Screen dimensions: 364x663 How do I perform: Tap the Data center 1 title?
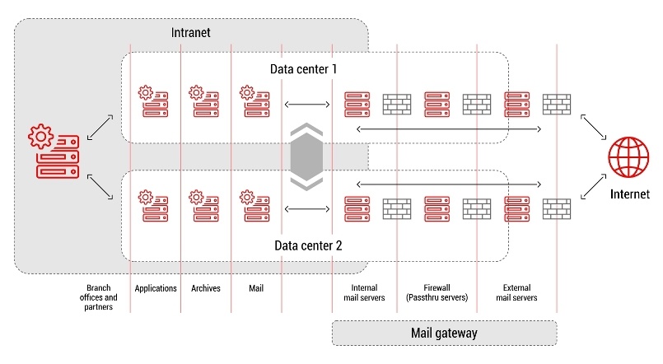click(x=304, y=68)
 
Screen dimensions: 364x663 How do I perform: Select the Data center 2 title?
click(x=304, y=245)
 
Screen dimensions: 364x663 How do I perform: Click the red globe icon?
click(x=629, y=156)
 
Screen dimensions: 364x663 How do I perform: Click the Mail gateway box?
click(x=444, y=334)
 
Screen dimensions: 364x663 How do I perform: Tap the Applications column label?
click(x=156, y=288)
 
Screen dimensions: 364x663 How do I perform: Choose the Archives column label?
click(x=206, y=288)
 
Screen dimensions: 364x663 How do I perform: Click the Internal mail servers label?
click(x=363, y=292)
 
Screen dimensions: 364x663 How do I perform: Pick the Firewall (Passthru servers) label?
click(x=437, y=292)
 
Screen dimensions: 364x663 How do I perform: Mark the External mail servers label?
click(x=516, y=292)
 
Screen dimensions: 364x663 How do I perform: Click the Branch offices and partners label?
click(x=99, y=297)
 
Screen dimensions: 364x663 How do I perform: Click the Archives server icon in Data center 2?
click(x=203, y=205)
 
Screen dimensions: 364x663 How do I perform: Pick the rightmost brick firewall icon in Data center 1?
click(x=556, y=104)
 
